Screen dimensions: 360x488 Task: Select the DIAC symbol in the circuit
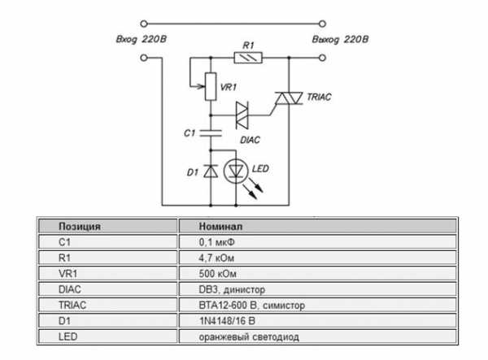point(242,115)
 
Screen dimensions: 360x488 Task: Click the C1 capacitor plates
point(210,132)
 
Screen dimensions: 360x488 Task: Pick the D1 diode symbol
point(210,171)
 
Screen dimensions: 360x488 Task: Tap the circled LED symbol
point(237,171)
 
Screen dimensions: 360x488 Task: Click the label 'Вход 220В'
point(141,38)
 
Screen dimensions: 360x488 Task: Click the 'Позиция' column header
point(80,226)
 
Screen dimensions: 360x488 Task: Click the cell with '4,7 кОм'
point(217,257)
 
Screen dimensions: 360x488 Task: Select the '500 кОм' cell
point(217,273)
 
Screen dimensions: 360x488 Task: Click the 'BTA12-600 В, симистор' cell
point(253,305)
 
